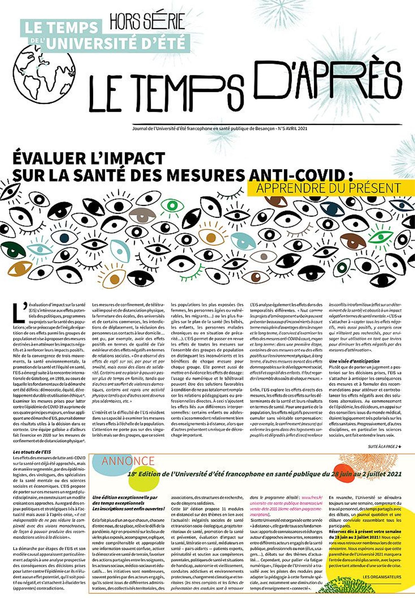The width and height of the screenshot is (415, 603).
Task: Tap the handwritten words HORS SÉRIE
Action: point(147,22)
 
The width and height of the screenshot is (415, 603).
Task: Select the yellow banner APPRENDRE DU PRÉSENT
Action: point(328,188)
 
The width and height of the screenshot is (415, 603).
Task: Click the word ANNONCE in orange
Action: point(128,461)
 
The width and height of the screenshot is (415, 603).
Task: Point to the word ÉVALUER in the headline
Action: point(50,159)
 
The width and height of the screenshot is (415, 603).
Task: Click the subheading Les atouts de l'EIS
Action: point(32,452)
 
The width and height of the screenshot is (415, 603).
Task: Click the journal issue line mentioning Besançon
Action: point(220,129)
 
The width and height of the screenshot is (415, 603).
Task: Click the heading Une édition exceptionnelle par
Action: point(125,497)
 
